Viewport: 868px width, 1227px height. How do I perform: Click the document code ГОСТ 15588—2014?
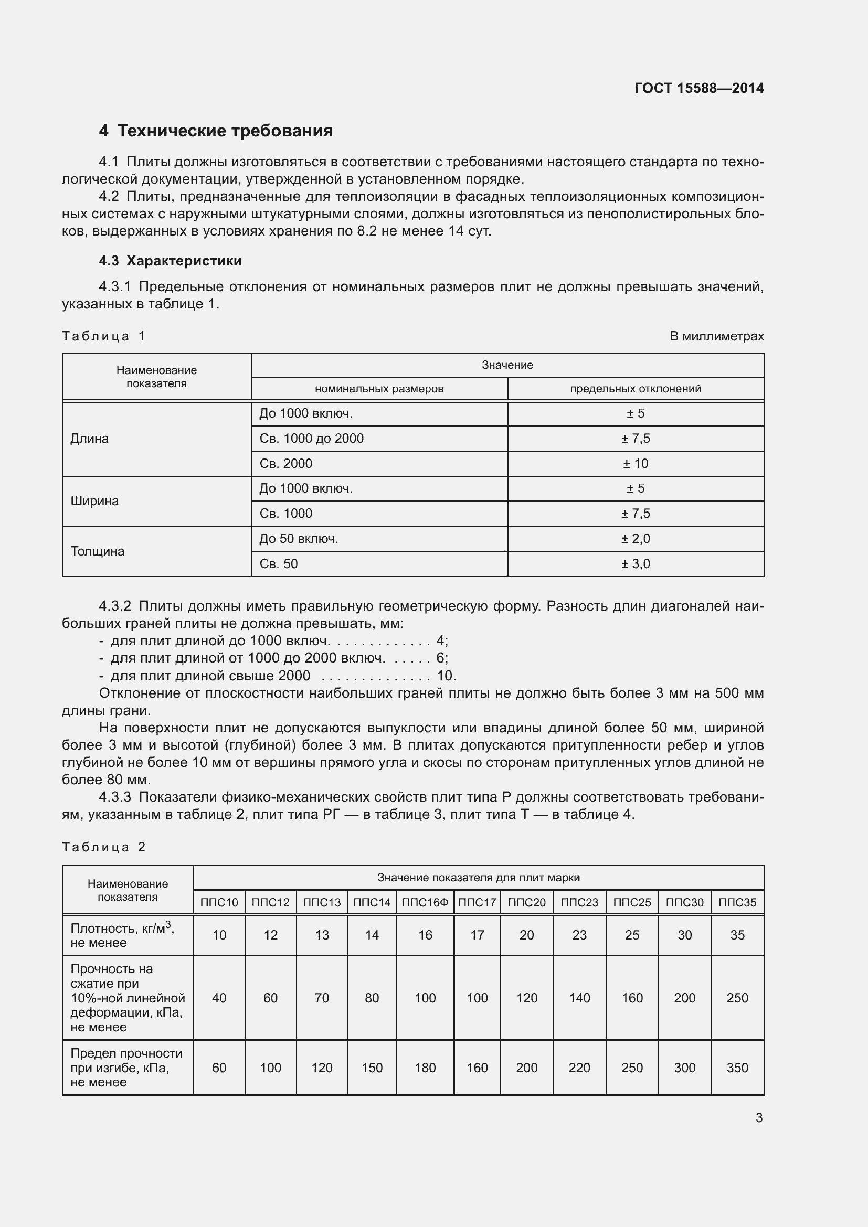pyautogui.click(x=698, y=88)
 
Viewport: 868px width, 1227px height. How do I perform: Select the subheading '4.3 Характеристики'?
pyautogui.click(x=170, y=261)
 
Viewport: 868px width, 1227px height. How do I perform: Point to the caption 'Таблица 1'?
pyautogui.click(x=104, y=336)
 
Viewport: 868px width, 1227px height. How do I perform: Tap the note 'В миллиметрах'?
pyautogui.click(x=716, y=336)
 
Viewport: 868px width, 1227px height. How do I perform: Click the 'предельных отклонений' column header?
pyautogui.click(x=635, y=389)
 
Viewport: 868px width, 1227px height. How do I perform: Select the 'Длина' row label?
pyautogui.click(x=89, y=439)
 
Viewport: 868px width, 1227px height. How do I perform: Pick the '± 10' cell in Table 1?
pyautogui.click(x=635, y=463)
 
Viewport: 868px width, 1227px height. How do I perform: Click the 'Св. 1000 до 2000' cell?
pyautogui.click(x=312, y=439)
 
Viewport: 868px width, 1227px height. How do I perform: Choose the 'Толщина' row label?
pyautogui.click(x=97, y=551)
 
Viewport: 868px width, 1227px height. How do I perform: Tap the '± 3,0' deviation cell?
pyautogui.click(x=635, y=564)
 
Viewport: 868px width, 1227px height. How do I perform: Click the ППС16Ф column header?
pyautogui.click(x=425, y=903)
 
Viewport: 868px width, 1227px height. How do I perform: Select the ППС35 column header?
pyautogui.click(x=737, y=903)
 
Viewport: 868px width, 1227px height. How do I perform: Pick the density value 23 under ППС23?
pyautogui.click(x=579, y=935)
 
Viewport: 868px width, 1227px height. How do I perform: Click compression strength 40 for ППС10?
pyautogui.click(x=219, y=998)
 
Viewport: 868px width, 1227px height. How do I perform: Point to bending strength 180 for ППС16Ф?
pyautogui.click(x=425, y=1068)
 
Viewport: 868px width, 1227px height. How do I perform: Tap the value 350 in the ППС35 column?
pyautogui.click(x=737, y=1068)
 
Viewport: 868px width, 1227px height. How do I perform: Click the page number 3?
pyautogui.click(x=758, y=1117)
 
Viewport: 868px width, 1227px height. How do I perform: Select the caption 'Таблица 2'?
pyautogui.click(x=104, y=847)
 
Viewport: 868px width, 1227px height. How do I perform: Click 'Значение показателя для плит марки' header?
pyautogui.click(x=479, y=878)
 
